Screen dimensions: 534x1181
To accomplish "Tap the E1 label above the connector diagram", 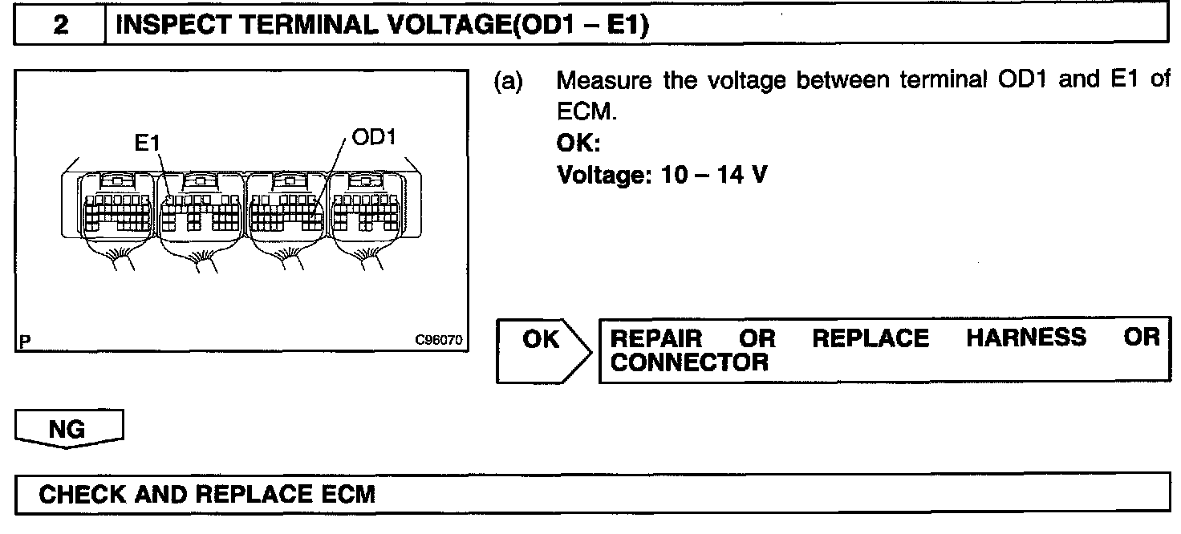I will tap(148, 143).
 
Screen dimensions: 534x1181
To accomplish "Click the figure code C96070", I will tap(439, 340).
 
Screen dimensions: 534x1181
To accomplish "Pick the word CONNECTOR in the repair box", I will tap(689, 362).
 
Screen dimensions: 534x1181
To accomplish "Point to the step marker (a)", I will tap(508, 82).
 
